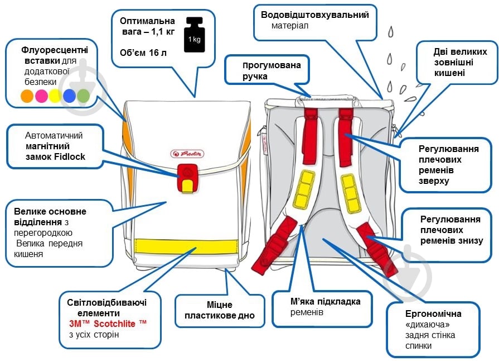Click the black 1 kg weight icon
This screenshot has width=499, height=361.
[x=194, y=35]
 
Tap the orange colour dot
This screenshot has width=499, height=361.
[x=27, y=96]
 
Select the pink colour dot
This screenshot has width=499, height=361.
[x=41, y=96]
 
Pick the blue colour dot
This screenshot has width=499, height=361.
[x=69, y=96]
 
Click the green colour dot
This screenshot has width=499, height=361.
[x=84, y=96]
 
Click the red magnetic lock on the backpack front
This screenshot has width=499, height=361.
[x=188, y=178]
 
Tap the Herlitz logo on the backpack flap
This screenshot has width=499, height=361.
[x=187, y=154]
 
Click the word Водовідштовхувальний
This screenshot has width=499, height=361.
[x=315, y=15]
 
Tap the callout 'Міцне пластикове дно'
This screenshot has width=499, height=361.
[x=220, y=310]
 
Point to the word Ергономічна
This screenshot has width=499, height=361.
[x=433, y=314]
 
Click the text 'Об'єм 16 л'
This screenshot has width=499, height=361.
[x=143, y=53]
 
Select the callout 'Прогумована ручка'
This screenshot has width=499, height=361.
[x=267, y=70]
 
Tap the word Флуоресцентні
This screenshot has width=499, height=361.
[x=55, y=50]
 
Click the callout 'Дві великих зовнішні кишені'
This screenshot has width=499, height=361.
[x=457, y=62]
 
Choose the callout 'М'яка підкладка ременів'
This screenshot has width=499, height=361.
[x=322, y=308]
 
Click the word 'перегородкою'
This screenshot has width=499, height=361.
[x=43, y=233]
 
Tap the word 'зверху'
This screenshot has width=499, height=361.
[x=434, y=181]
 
